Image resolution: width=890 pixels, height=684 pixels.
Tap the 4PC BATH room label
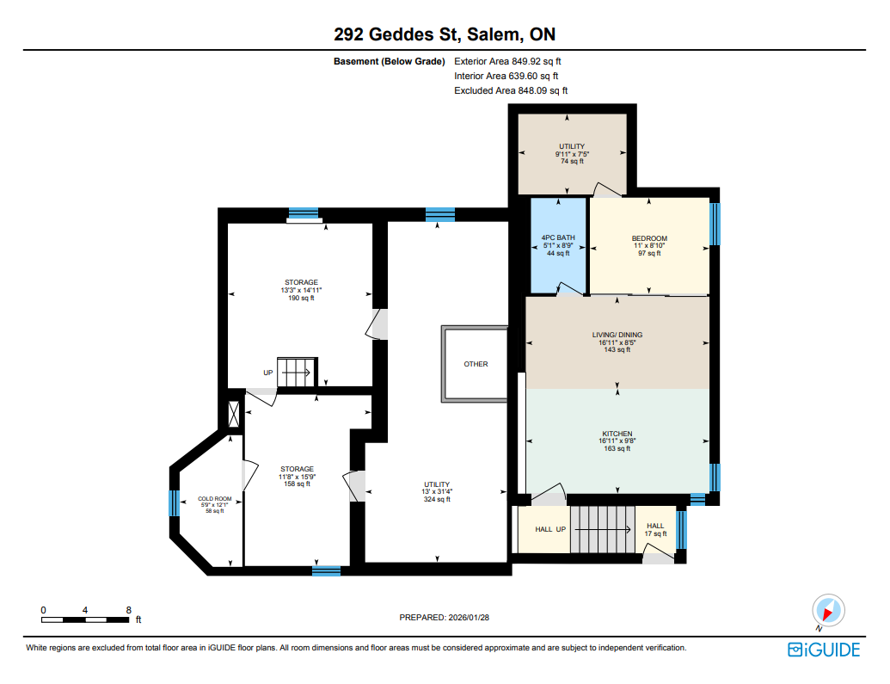click(558, 237)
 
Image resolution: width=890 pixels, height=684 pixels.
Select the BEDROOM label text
click(649, 238)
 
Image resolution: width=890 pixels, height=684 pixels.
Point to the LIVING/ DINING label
click(617, 335)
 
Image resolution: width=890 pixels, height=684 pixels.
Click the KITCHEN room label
click(617, 434)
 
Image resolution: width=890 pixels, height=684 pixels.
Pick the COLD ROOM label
click(215, 499)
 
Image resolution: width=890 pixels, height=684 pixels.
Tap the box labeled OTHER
click(476, 364)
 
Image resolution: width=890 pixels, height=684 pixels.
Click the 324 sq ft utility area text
click(437, 499)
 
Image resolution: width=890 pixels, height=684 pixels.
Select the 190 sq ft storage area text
click(301, 298)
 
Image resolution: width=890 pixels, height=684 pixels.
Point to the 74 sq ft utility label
click(572, 162)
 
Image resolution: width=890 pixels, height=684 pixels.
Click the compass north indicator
click(828, 611)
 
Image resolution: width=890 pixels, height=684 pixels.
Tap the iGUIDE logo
click(824, 650)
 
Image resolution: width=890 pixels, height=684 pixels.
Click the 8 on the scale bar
click(129, 610)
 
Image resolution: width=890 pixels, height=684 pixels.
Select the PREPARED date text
click(445, 618)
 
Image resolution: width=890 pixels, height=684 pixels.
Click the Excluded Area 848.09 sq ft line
click(511, 90)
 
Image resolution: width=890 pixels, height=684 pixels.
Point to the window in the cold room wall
click(175, 503)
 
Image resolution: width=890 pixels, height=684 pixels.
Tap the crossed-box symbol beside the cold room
click(233, 414)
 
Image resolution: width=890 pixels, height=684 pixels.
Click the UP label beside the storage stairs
click(268, 373)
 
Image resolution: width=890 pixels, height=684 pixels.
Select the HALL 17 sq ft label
click(655, 530)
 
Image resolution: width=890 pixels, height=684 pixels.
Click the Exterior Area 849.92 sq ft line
click(507, 61)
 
